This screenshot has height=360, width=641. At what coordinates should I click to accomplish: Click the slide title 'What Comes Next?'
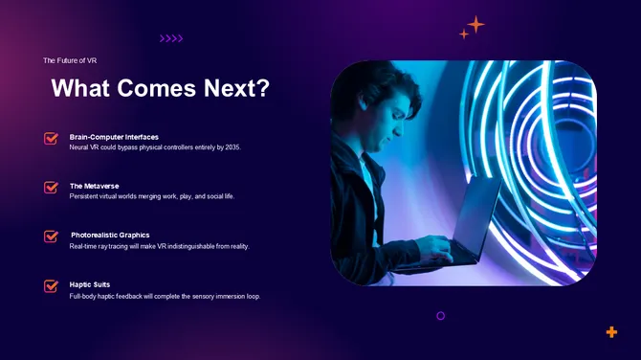[x=160, y=89]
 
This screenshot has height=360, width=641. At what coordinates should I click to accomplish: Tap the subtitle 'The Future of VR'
[x=70, y=60]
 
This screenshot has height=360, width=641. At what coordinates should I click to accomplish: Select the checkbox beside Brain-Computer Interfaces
[x=52, y=139]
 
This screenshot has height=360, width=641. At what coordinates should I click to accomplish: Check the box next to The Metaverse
[x=52, y=188]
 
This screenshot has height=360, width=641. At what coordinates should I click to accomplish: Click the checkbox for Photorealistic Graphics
[x=52, y=236]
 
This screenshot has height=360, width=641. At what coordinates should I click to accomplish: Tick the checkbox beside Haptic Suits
[x=52, y=285]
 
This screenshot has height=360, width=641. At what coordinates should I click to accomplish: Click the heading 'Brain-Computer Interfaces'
[x=114, y=137]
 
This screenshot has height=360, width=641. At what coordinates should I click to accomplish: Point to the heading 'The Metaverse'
[x=94, y=186]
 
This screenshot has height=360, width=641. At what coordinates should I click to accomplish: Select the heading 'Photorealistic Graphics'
[x=110, y=235]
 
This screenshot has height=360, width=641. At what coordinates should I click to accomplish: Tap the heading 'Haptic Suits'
[x=89, y=284]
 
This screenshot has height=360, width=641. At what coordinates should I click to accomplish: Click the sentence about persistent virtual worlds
[x=151, y=196]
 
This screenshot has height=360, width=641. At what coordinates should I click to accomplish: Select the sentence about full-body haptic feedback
[x=165, y=296]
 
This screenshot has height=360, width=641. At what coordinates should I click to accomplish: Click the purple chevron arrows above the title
[x=170, y=39]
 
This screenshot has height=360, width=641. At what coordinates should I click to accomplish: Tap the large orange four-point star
[x=475, y=24]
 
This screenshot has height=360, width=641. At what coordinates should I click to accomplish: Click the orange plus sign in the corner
[x=611, y=332]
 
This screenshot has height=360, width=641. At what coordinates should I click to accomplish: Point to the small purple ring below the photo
[x=440, y=315]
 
